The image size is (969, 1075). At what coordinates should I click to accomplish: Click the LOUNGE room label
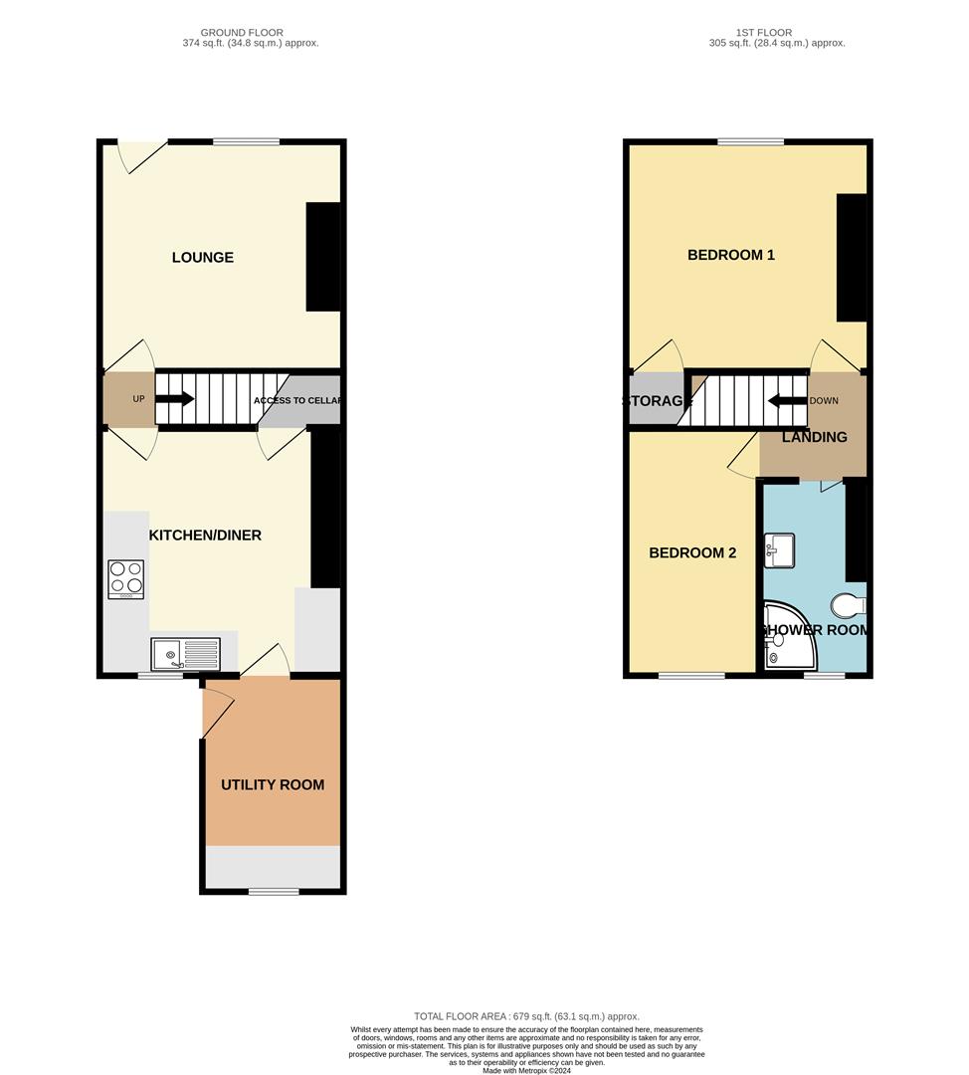[x=203, y=258]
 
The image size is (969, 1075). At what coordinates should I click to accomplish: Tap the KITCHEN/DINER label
[x=205, y=536]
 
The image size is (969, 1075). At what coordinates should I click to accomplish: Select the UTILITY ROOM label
[x=273, y=784]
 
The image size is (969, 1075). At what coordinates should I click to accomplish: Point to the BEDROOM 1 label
[x=731, y=255]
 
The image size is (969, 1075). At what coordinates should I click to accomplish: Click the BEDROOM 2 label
[x=692, y=552]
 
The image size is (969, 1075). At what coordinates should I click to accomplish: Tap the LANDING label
[x=815, y=437]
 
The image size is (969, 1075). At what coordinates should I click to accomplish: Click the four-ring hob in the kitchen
[x=125, y=578]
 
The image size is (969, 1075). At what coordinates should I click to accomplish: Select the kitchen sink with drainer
[x=186, y=654]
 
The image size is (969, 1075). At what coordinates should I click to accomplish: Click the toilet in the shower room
[x=849, y=604]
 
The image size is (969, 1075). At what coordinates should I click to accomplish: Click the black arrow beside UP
[x=174, y=399]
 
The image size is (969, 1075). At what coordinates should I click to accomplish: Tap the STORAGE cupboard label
[x=657, y=401]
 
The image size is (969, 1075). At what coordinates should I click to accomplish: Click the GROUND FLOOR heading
[x=242, y=33]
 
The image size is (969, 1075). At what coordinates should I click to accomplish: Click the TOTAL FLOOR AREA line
[x=526, y=1016]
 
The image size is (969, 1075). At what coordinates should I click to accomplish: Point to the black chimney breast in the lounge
[x=322, y=257]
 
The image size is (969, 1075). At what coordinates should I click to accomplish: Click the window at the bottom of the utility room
[x=274, y=891]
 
